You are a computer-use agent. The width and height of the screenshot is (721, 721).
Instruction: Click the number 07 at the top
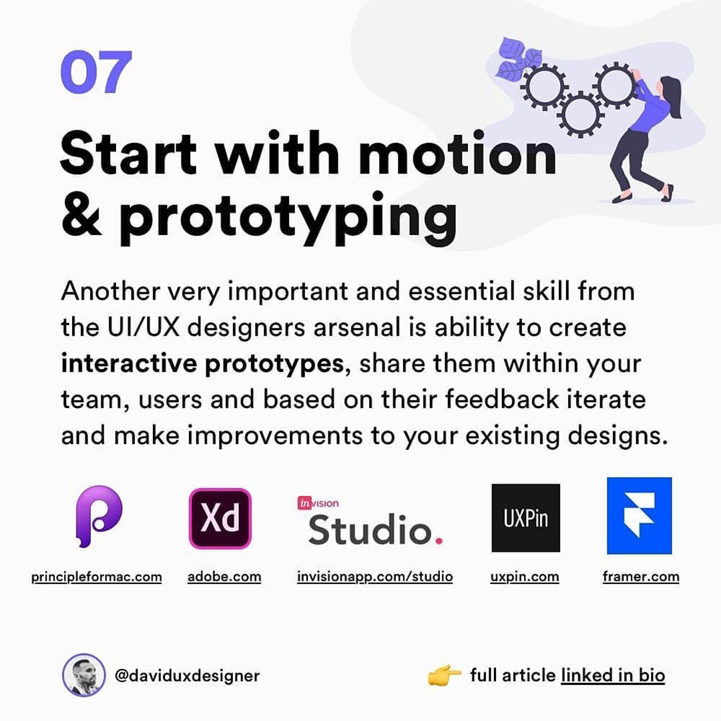pyautogui.click(x=96, y=73)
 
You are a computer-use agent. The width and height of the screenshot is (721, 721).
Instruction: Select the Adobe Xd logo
pyautogui.click(x=220, y=518)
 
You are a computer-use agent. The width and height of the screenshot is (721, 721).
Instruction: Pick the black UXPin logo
pyautogui.click(x=525, y=518)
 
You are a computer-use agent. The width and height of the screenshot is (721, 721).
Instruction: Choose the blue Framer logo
pyautogui.click(x=639, y=515)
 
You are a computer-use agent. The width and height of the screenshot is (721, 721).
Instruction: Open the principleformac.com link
pyautogui.click(x=96, y=577)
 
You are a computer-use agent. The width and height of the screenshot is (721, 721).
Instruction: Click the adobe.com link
pyautogui.click(x=224, y=577)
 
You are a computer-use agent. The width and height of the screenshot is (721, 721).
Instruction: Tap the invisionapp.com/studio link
pyautogui.click(x=375, y=577)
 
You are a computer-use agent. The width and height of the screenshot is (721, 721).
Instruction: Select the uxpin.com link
pyautogui.click(x=525, y=577)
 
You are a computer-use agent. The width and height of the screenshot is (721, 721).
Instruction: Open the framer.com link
pyautogui.click(x=640, y=577)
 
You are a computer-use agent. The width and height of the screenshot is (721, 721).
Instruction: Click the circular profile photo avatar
pyautogui.click(x=83, y=675)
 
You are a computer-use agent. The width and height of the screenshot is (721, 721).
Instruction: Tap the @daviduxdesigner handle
pyautogui.click(x=187, y=676)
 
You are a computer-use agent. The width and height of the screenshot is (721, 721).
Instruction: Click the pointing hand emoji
pyautogui.click(x=444, y=676)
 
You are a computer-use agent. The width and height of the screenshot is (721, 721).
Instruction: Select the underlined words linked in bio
pyautogui.click(x=613, y=676)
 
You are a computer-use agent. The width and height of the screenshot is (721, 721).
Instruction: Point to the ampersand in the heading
pyautogui.click(x=81, y=215)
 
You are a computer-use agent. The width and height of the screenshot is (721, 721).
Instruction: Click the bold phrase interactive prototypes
pyautogui.click(x=202, y=364)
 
